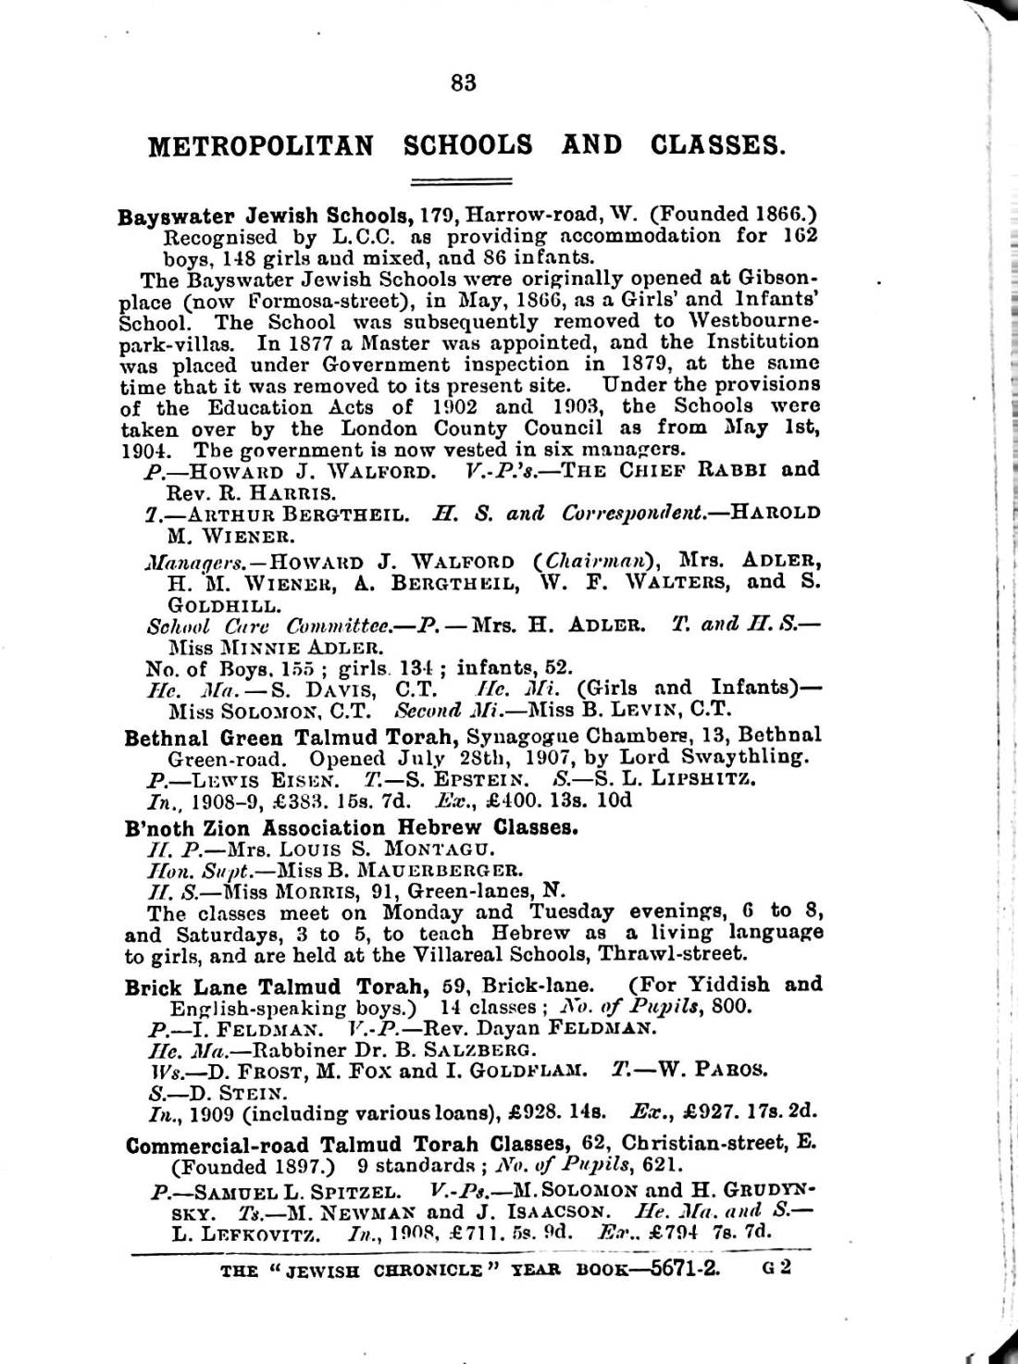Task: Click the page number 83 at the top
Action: pyautogui.click(x=464, y=82)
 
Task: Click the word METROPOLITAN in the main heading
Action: pyautogui.click(x=261, y=145)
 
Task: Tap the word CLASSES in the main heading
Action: pyautogui.click(x=717, y=145)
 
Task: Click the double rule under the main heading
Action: pyautogui.click(x=461, y=180)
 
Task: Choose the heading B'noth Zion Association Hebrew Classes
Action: pyautogui.click(x=352, y=827)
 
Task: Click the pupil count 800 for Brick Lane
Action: pyautogui.click(x=734, y=1007)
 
